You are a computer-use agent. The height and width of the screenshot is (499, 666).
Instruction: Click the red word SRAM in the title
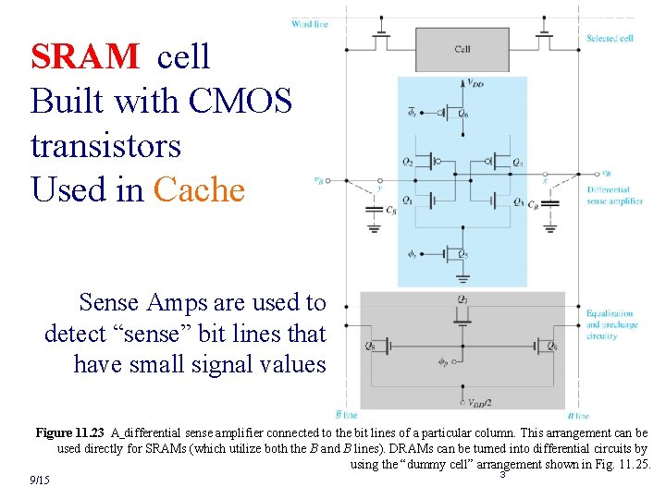point(85,57)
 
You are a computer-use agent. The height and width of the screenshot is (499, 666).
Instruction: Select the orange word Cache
point(199,189)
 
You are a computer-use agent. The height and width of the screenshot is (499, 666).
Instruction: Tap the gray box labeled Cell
point(462,50)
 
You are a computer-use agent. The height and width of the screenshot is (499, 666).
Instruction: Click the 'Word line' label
point(309,23)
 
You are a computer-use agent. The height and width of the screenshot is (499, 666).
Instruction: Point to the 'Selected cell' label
point(610,39)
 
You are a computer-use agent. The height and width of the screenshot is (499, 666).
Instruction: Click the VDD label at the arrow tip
point(475,84)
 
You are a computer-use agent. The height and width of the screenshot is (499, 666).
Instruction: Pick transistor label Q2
point(408,162)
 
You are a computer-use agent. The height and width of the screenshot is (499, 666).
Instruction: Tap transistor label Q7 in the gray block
point(462,298)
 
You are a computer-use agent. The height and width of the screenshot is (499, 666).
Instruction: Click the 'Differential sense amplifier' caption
point(613,195)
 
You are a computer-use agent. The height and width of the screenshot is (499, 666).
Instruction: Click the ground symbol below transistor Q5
point(462,276)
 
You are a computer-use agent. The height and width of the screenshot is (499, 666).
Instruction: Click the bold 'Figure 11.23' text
point(70,432)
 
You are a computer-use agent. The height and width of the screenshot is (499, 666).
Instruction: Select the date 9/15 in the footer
point(39,481)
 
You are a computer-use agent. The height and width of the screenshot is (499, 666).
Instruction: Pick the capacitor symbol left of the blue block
point(374,210)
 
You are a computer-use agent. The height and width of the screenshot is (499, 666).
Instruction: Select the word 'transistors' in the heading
point(105,146)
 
